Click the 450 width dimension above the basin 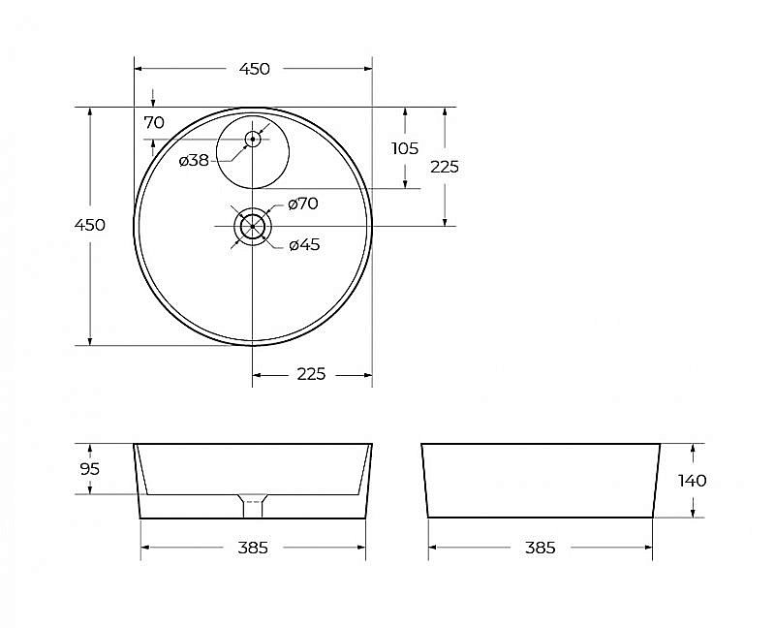click(255, 69)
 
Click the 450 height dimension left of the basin click(90, 225)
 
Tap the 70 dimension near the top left click(154, 122)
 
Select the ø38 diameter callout click(194, 160)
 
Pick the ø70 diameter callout click(303, 204)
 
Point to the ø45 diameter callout click(304, 244)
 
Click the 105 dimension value click(405, 148)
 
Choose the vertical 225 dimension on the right click(445, 167)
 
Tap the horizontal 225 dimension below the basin click(311, 374)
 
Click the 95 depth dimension click(90, 468)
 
